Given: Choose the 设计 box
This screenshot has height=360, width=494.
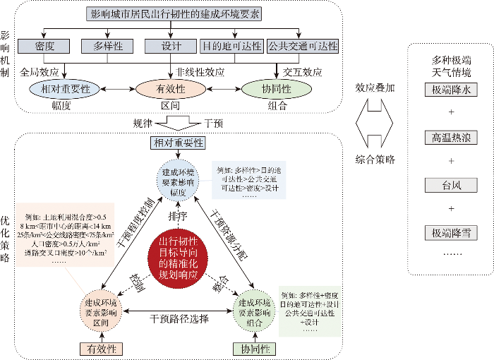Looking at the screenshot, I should tap(170, 47).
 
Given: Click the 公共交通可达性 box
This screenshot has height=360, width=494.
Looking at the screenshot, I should tap(303, 47).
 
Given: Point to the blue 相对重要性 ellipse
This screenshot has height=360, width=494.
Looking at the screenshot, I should tap(66, 90).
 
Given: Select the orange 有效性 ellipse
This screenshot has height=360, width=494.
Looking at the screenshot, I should tap(169, 90).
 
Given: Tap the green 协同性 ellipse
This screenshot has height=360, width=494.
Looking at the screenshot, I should tap(277, 90).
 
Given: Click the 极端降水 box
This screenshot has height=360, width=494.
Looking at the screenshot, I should tap(452, 90).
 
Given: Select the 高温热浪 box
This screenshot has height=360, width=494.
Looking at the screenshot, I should tap(452, 138).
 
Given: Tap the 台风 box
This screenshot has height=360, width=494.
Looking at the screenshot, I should tap(452, 186).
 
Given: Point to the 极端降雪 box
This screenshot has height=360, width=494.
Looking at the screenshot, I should tap(452, 233).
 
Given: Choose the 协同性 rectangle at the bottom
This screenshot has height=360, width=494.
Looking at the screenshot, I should tap(253, 348).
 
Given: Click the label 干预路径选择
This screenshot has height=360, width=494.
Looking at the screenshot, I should tap(179, 318).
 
